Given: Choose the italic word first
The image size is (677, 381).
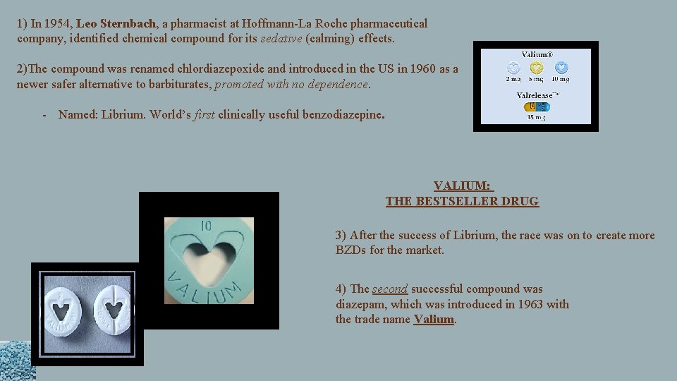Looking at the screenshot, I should coord(204,114).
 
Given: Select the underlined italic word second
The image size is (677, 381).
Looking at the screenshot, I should coord(390,289).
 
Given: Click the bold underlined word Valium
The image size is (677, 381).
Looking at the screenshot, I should coord(434,319).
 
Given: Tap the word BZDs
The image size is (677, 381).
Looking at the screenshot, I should coord(353,250).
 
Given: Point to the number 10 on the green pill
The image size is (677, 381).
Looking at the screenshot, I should coord(206,226).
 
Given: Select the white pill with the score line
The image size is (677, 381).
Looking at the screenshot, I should coord(114,313).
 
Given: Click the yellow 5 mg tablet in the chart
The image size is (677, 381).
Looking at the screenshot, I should coord(537,68).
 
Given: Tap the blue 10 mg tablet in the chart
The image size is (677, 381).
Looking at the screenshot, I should coord(561,68).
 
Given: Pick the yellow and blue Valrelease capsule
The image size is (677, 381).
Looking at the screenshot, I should coord(537,107).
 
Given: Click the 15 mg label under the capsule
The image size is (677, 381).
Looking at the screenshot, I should coord(536,117).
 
